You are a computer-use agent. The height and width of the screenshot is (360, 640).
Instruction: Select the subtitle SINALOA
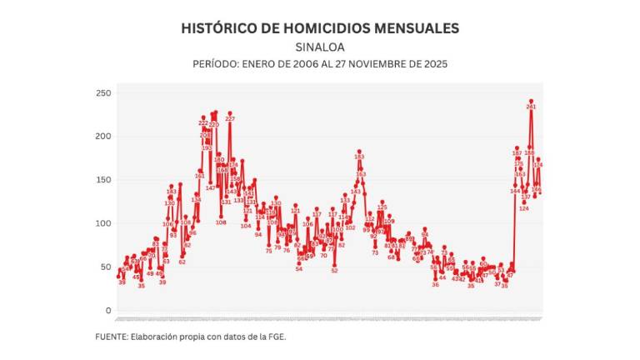tap(320, 47)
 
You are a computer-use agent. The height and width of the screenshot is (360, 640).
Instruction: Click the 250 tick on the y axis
tap(102, 92)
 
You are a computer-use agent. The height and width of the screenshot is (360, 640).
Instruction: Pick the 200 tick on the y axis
tap(102, 136)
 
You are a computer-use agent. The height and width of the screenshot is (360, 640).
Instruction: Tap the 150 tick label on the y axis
tap(102, 180)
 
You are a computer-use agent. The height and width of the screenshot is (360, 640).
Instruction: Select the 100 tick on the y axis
tap(102, 223)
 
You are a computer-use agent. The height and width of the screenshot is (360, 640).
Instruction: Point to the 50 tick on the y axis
tap(105, 267)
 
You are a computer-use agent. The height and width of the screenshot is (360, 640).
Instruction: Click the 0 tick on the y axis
tap(107, 310)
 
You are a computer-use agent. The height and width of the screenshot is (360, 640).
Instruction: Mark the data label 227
tap(230, 119)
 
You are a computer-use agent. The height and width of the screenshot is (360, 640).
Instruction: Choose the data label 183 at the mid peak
tap(359, 157)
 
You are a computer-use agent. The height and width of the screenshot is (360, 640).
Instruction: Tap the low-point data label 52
tap(334, 270)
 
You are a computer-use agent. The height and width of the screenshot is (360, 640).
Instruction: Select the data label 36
tap(435, 284)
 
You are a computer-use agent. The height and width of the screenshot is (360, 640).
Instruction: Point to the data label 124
tap(524, 208)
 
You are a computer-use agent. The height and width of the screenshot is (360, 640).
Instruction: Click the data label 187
tap(517, 153)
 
